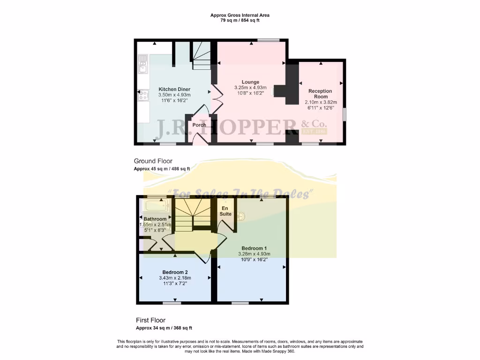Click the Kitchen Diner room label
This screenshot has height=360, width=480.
pyautogui.click(x=174, y=89)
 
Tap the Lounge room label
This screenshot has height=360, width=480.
pyautogui.click(x=250, y=82)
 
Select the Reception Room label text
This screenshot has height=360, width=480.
pyautogui.click(x=320, y=94)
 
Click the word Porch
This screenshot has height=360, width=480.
pyautogui.click(x=199, y=125)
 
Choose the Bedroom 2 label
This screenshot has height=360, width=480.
pyautogui.click(x=174, y=272)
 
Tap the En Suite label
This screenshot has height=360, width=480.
pyautogui.click(x=227, y=210)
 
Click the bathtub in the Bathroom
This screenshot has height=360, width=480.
pyautogui.click(x=156, y=206)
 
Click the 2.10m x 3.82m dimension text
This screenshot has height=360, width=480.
pyautogui.click(x=320, y=102)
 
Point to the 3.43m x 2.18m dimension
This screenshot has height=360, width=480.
pyautogui.click(x=174, y=278)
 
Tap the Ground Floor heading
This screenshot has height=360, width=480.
pyautogui.click(x=153, y=161)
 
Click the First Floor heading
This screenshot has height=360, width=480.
pyautogui.click(x=151, y=320)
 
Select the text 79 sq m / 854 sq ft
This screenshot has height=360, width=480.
pyautogui.click(x=240, y=21)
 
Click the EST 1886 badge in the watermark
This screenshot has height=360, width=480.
pyautogui.click(x=315, y=131)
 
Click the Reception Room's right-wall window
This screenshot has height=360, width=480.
pyautogui.click(x=345, y=114)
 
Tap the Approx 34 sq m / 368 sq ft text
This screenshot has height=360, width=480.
pyautogui.click(x=164, y=328)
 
